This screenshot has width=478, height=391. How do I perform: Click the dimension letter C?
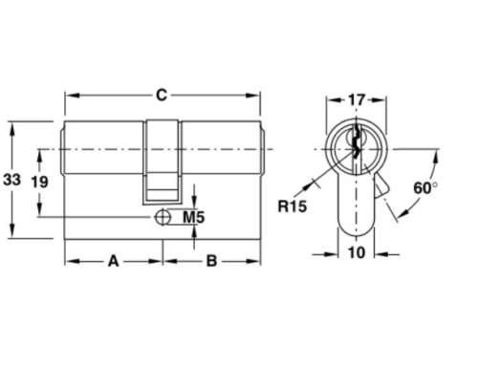(163, 94)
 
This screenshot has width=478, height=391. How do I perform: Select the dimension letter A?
(112, 259)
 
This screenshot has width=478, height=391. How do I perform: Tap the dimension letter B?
(211, 259)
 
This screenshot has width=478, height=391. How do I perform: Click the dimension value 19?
(39, 182)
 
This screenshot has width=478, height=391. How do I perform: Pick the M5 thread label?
(193, 218)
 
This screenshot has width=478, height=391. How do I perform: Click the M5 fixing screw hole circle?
(163, 218)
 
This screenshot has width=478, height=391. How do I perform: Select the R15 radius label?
(291, 205)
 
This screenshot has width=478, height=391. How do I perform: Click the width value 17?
(356, 98)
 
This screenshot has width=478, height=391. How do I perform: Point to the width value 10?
(356, 253)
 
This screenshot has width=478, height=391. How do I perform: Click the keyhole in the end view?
(356, 143)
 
